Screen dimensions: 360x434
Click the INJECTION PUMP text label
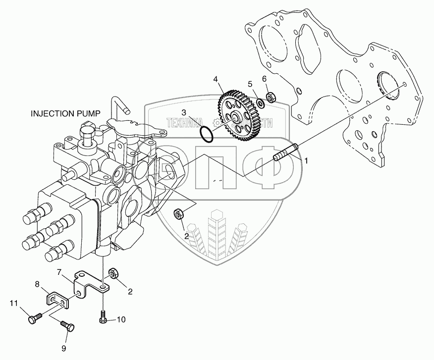[65, 113]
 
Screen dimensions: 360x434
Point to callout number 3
[183, 112]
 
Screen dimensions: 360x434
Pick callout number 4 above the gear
[216, 79]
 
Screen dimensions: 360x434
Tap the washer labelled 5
[260, 104]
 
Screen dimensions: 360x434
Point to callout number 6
[265, 79]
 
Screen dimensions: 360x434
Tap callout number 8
[37, 284]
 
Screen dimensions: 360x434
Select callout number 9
[63, 348]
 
